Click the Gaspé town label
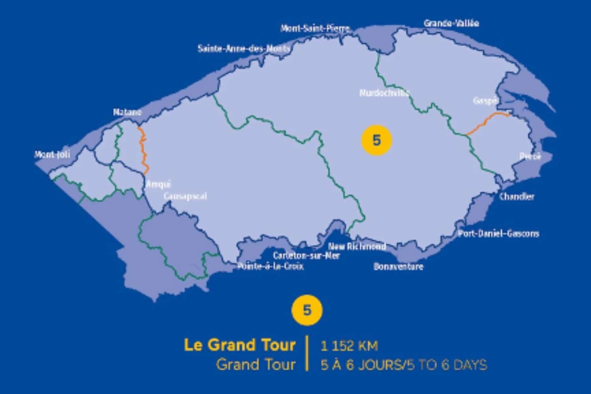click(484, 101)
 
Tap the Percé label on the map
click(530, 156)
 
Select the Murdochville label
click(384, 93)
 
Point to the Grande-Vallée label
click(451, 23)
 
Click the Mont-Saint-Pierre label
click(315, 28)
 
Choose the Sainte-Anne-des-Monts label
click(244, 49)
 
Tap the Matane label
click(127, 112)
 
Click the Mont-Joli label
click(52, 154)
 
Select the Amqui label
click(158, 184)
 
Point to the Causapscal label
click(185, 196)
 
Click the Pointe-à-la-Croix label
click(270, 267)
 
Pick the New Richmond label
click(357, 247)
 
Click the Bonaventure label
click(398, 267)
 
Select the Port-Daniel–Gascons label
click(498, 234)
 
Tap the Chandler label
click(517, 196)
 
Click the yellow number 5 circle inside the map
click(376, 140)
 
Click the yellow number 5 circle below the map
click(307, 310)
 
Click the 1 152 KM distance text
click(349, 346)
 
